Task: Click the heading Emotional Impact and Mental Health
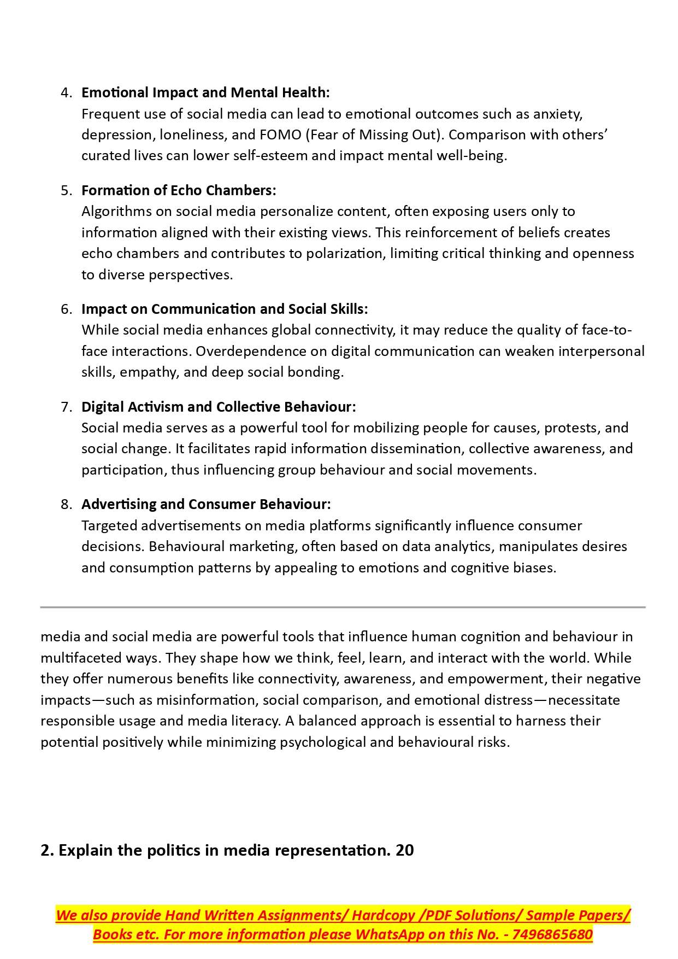(205, 92)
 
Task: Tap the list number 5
(66, 190)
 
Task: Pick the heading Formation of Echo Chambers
(179, 190)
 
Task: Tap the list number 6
(66, 309)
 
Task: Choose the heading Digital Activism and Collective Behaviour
(219, 407)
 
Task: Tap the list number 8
(66, 504)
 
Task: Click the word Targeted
(109, 525)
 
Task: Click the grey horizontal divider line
(343, 607)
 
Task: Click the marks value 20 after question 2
(405, 850)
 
